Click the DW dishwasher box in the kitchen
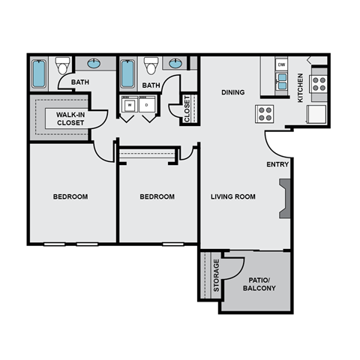(282, 65)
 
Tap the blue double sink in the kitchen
(282, 82)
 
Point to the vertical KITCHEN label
(301, 87)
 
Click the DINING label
(234, 93)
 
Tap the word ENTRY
(277, 164)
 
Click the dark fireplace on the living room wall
(284, 199)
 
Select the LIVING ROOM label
(232, 196)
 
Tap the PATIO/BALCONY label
(259, 283)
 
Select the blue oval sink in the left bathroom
(96, 64)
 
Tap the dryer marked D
(146, 106)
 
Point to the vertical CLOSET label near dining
(187, 108)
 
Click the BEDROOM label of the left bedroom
(70, 196)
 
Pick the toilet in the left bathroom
(62, 66)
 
